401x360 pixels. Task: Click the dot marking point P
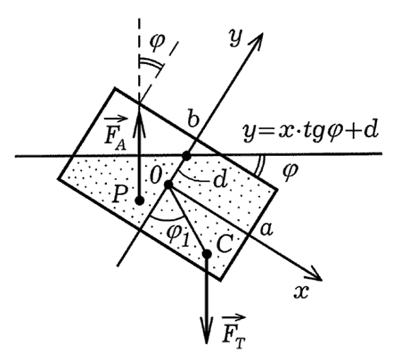[140, 200]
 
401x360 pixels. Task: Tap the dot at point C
[207, 254]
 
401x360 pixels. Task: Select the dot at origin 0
[168, 184]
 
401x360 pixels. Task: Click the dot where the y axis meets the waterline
[186, 155]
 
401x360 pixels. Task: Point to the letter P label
[120, 195]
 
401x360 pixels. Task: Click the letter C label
[224, 244]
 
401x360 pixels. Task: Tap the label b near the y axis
[193, 119]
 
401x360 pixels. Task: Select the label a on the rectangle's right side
[266, 229]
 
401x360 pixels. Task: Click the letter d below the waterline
[221, 179]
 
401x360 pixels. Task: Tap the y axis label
[235, 38]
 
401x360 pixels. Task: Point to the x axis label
[301, 292]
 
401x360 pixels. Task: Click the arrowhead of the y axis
[258, 39]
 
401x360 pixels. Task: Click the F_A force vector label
[115, 134]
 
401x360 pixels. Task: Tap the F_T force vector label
[233, 332]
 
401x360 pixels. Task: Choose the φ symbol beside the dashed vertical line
[157, 42]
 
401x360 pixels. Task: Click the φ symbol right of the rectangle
[290, 171]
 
